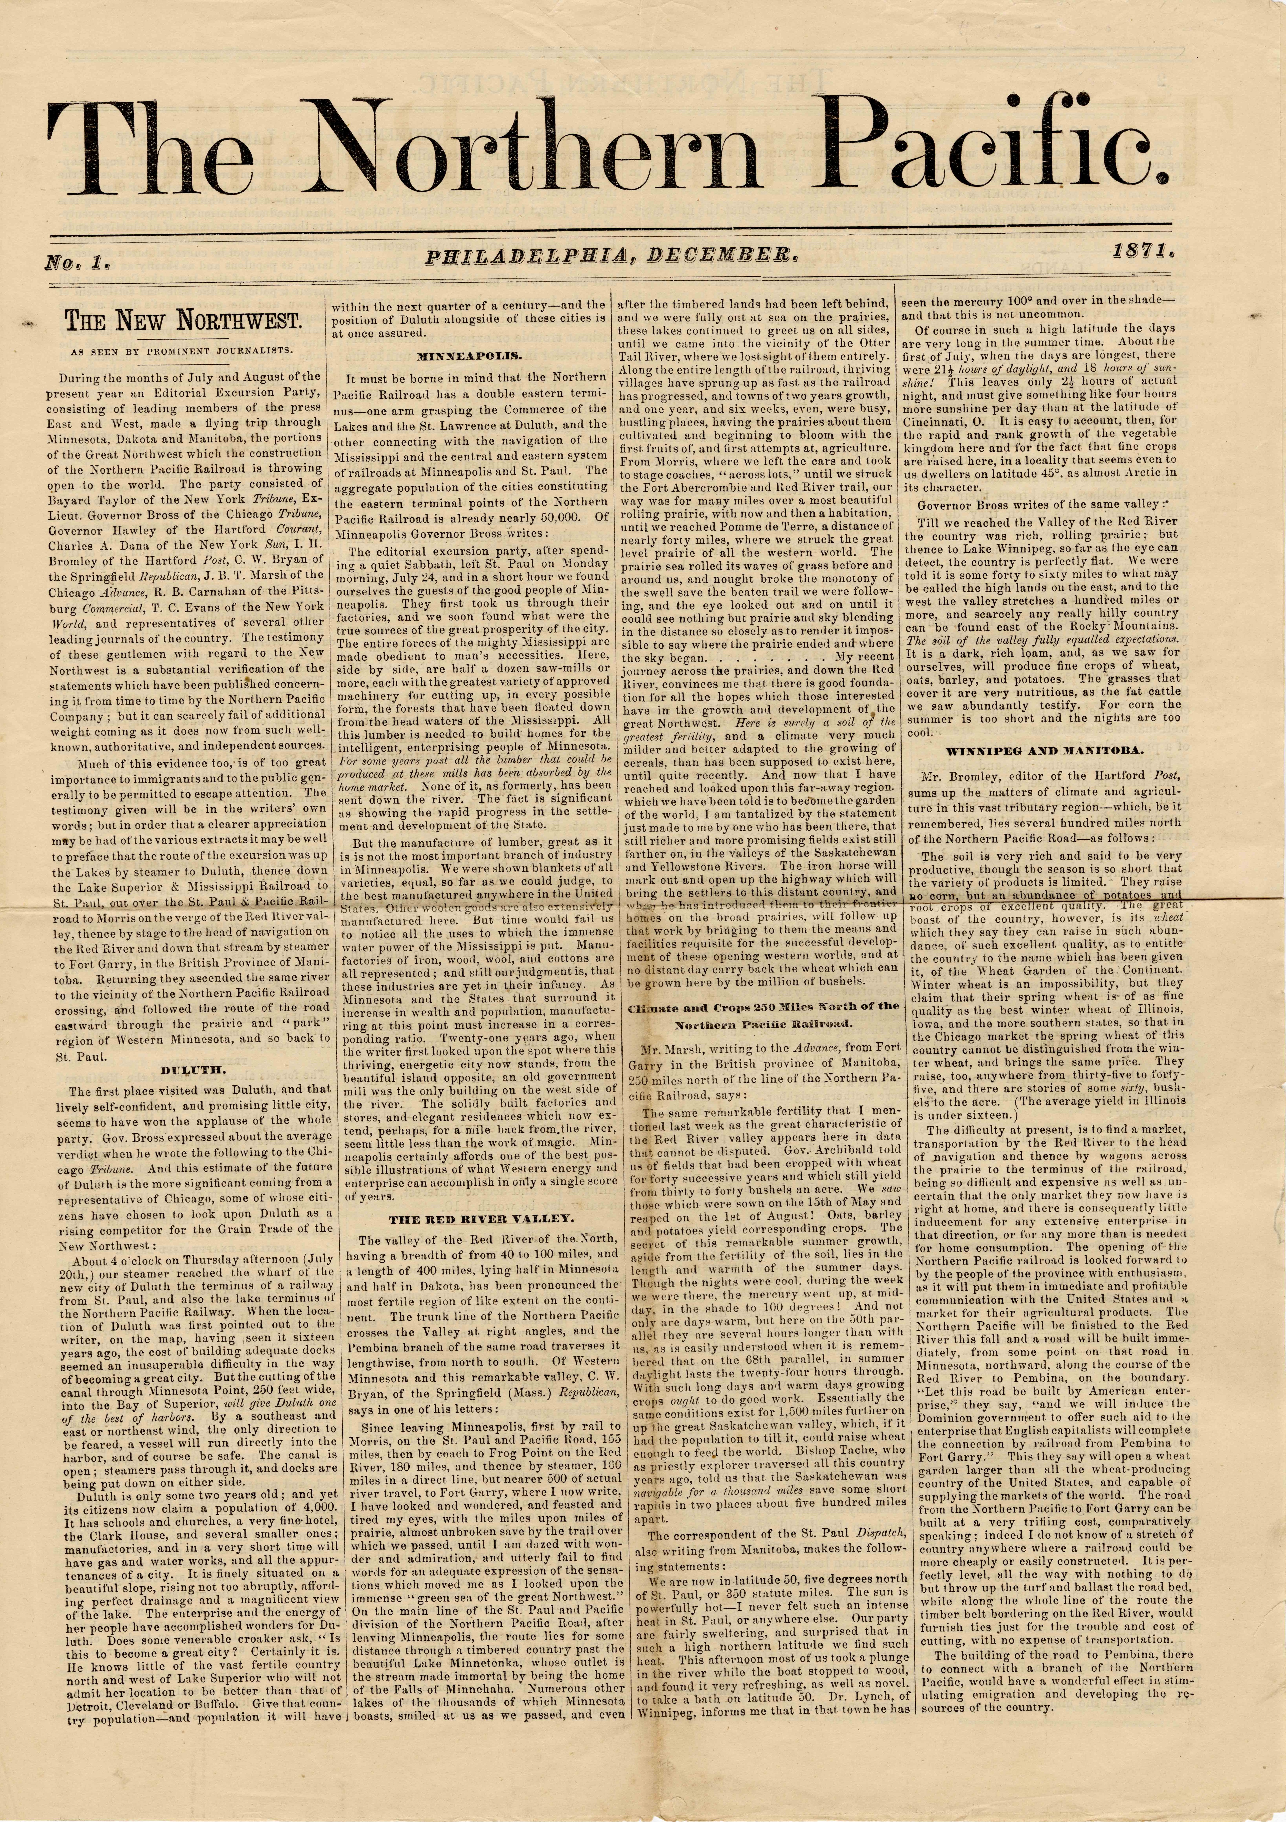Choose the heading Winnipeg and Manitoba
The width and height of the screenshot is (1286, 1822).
(x=1043, y=751)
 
